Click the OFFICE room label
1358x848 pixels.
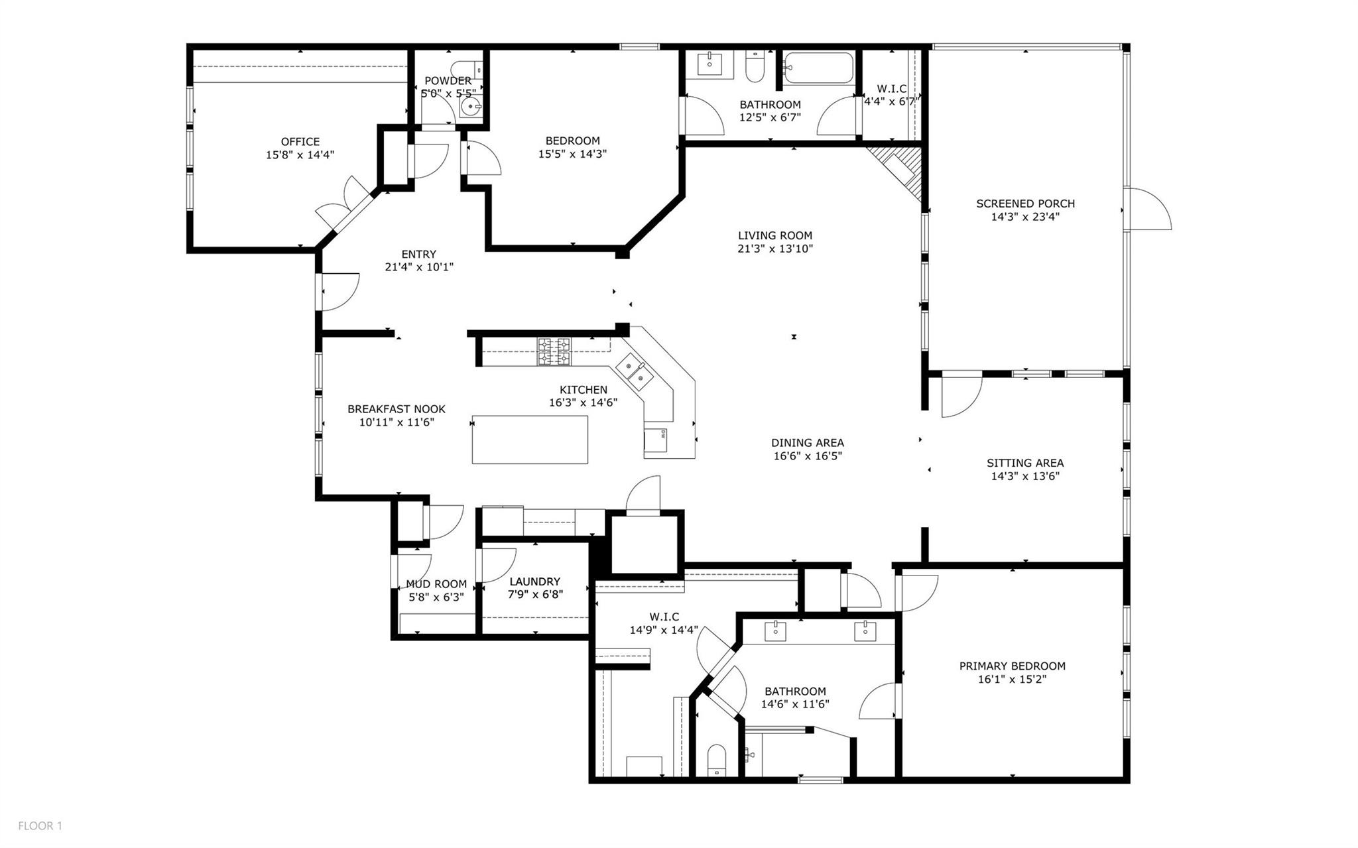(300, 142)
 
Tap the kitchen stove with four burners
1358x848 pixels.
(554, 351)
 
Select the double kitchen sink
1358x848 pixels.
(635, 373)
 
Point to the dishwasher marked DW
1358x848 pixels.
(655, 439)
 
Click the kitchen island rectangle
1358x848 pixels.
(530, 440)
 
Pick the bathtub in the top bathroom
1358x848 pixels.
(818, 68)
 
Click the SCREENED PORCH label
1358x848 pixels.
(1025, 204)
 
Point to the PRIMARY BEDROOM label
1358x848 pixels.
(1013, 666)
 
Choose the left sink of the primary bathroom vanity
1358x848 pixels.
(775, 631)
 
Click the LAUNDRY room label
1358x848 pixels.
(535, 581)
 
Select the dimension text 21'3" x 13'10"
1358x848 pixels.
(775, 249)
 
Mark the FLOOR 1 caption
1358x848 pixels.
(40, 825)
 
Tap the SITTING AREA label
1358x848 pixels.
(1025, 463)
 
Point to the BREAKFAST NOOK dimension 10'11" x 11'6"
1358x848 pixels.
(397, 422)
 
